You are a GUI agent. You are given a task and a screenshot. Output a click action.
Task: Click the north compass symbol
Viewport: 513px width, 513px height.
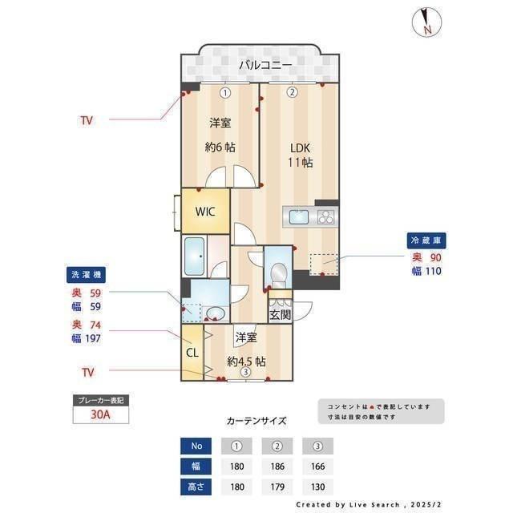pyautogui.click(x=424, y=22)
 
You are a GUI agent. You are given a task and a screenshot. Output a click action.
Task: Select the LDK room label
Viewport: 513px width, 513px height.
pyautogui.click(x=300, y=147)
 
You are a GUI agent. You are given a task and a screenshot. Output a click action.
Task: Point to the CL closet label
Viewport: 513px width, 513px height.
pyautogui.click(x=192, y=352)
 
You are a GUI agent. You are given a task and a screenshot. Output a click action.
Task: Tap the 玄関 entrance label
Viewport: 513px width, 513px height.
pyautogui.click(x=280, y=315)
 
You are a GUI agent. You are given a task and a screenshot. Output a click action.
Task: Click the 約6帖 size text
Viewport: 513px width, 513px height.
pyautogui.click(x=220, y=147)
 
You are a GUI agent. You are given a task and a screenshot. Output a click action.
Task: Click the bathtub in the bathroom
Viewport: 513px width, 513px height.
pyautogui.click(x=195, y=256)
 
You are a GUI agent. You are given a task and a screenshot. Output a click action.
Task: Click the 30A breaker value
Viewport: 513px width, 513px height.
pyautogui.click(x=99, y=415)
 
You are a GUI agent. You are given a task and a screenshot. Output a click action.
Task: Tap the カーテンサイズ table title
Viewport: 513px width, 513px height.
pyautogui.click(x=256, y=420)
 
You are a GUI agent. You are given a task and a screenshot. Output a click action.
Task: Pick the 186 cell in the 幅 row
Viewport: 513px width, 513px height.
pyautogui.click(x=278, y=466)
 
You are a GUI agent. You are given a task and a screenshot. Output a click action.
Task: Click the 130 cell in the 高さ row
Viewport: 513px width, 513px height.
pyautogui.click(x=317, y=486)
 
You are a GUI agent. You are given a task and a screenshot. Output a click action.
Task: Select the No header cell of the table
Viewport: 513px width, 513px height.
pyautogui.click(x=197, y=446)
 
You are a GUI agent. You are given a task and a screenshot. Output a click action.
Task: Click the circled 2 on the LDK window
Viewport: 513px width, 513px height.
pyautogui.click(x=293, y=92)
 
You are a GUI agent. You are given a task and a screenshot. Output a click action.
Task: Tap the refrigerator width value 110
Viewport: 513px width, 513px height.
pyautogui.click(x=434, y=271)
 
